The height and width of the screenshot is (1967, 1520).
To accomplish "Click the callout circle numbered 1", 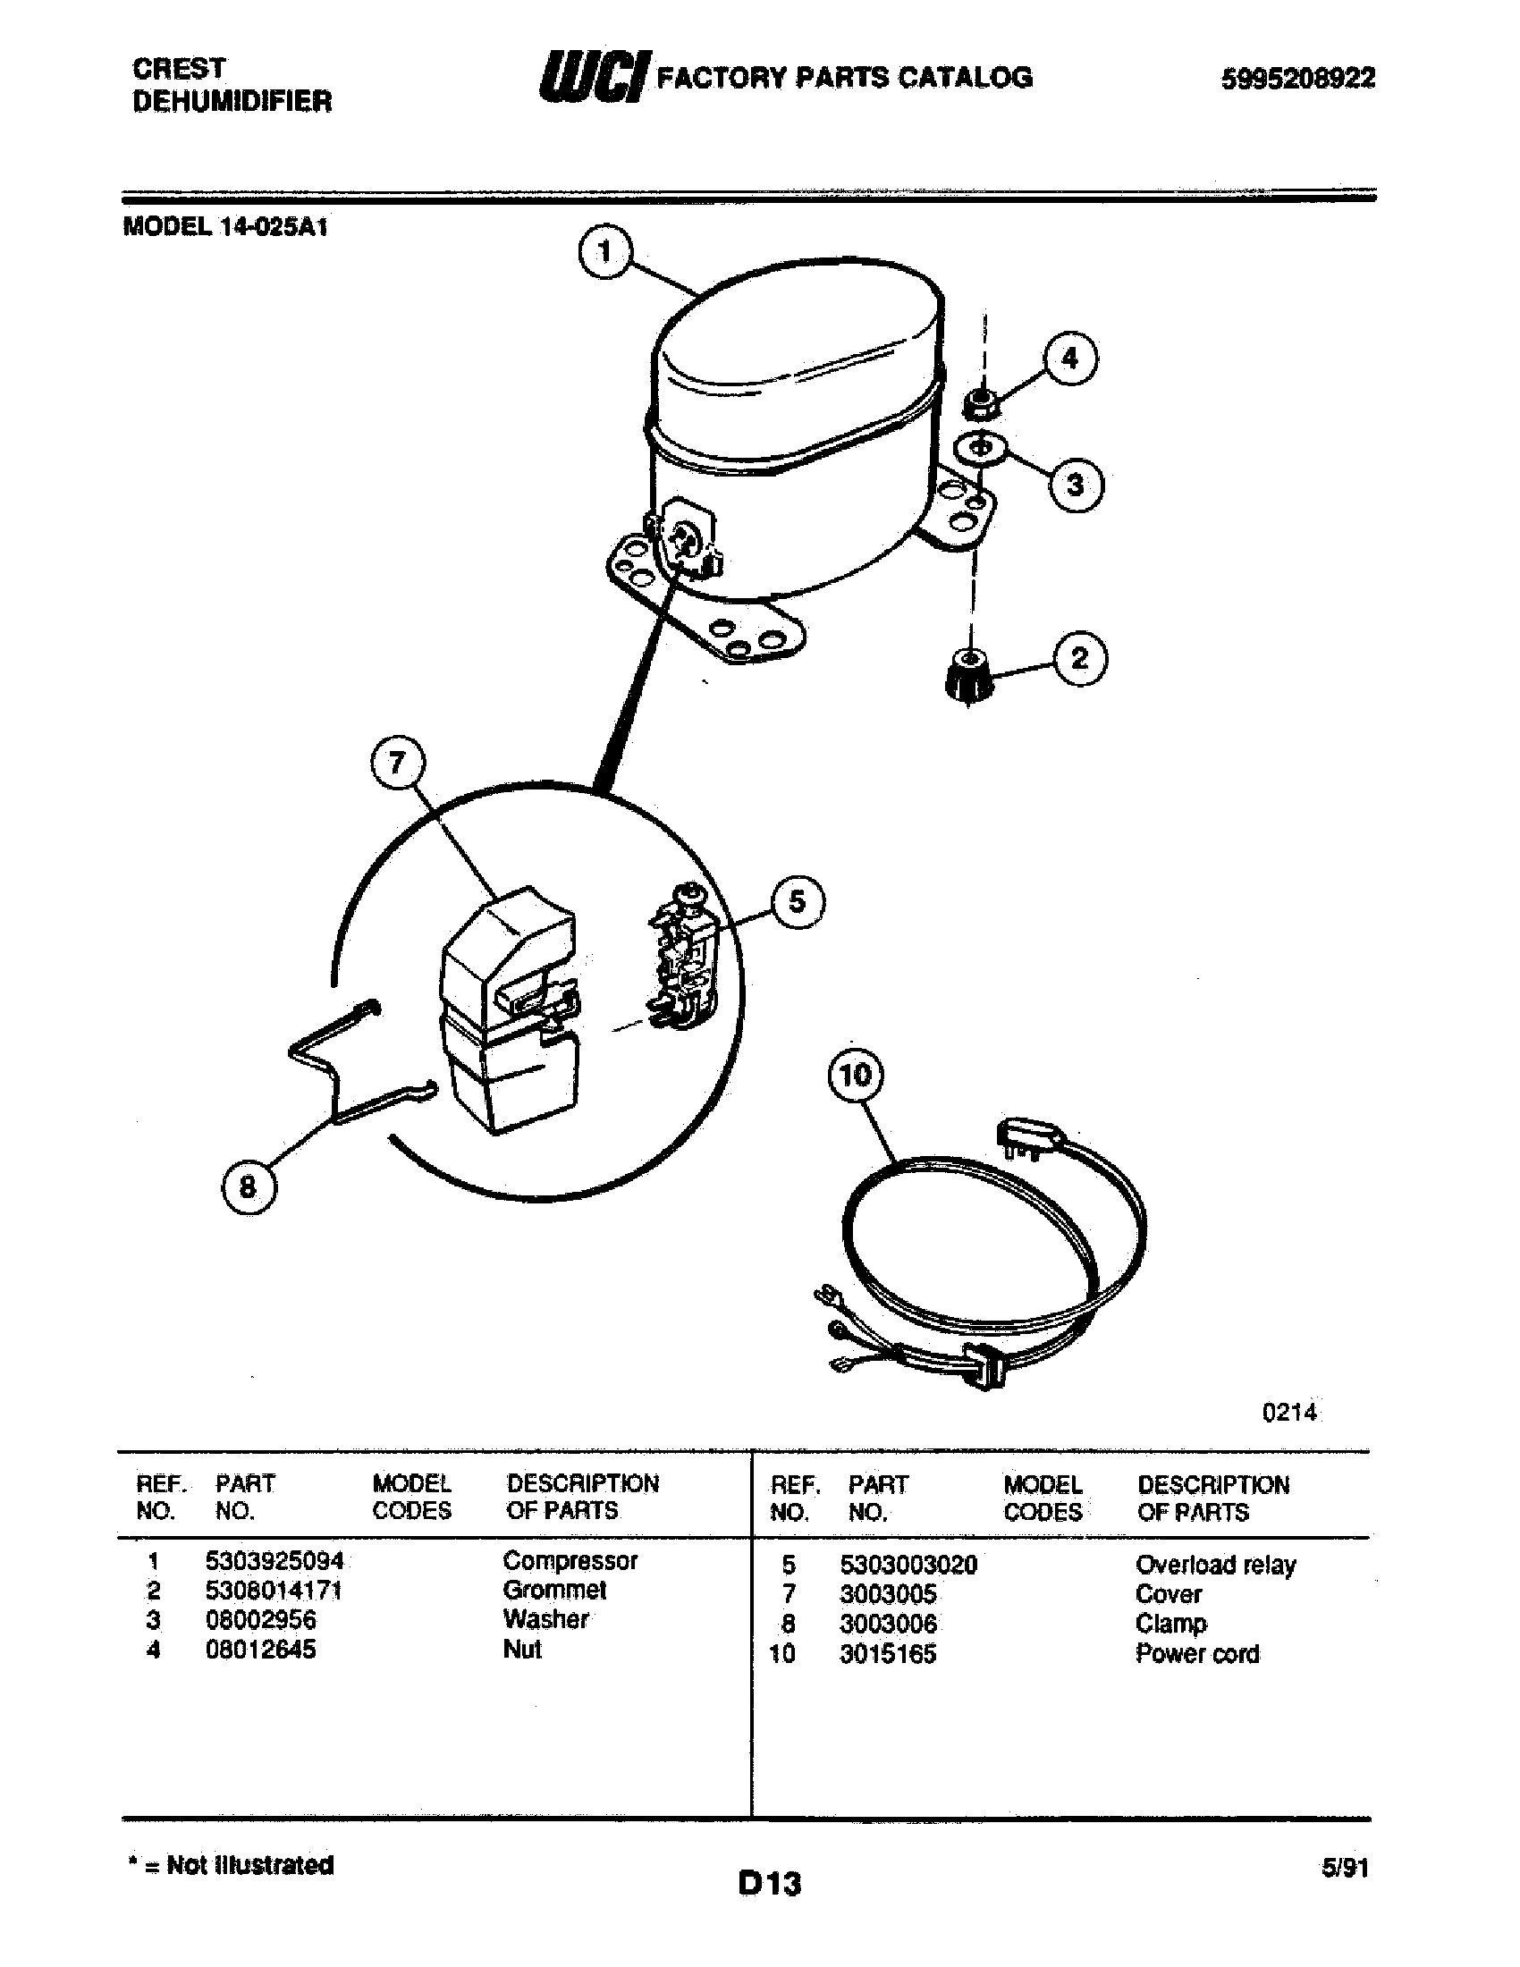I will (605, 252).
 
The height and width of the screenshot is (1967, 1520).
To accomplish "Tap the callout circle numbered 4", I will (1068, 359).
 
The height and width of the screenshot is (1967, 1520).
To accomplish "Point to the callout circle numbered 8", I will (248, 1186).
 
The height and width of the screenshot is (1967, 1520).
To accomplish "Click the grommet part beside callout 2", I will (969, 675).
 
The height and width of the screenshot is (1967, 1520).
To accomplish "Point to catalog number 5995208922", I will (1297, 80).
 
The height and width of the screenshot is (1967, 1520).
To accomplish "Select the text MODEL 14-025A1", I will (225, 227).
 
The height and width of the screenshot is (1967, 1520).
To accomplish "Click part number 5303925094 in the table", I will (274, 1560).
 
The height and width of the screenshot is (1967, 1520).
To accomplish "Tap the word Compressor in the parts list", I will (570, 1560).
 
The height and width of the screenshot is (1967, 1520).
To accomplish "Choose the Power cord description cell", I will (1196, 1653).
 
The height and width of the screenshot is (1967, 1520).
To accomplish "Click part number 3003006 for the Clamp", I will (888, 1624).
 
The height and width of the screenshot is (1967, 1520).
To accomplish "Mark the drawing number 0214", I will (1288, 1412).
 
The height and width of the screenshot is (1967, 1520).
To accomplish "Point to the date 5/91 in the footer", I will (1344, 1868).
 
